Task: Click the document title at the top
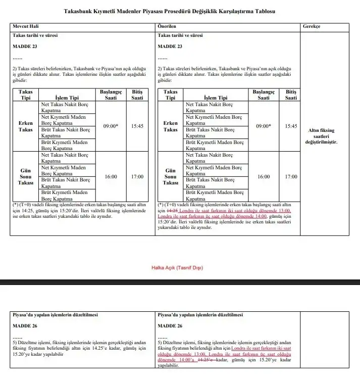(180, 11)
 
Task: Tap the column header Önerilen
(167, 26)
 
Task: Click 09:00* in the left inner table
(111, 126)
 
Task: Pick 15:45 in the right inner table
(291, 126)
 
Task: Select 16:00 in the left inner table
(111, 177)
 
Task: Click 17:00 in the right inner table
(291, 177)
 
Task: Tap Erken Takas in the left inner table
(26, 126)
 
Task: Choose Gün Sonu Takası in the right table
(171, 177)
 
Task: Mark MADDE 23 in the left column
(25, 46)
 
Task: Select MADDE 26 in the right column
(170, 326)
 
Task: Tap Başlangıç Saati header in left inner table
(111, 95)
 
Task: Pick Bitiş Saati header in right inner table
(291, 95)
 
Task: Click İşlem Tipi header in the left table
(67, 98)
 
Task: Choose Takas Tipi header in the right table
(171, 95)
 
